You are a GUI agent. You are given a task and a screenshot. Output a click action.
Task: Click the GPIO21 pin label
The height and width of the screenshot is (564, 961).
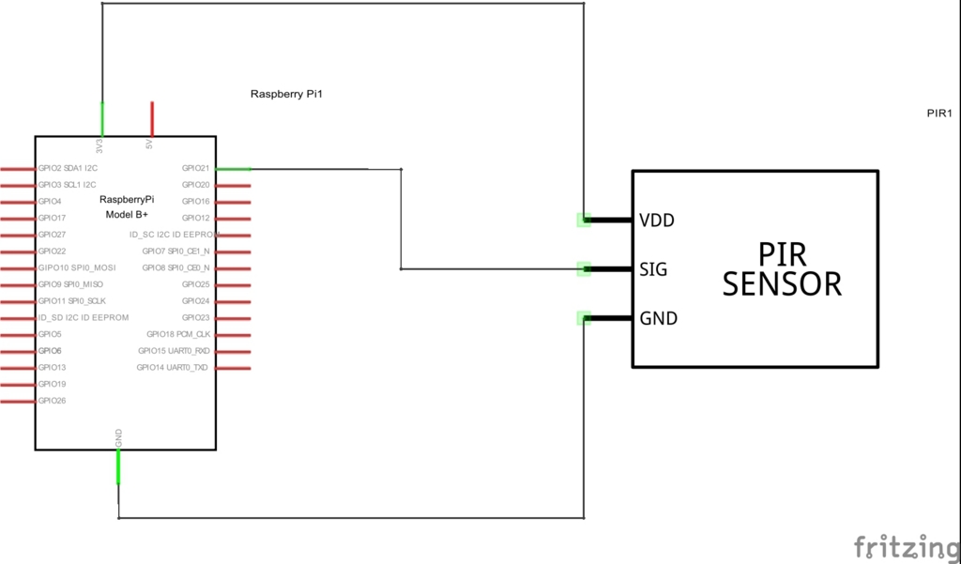[x=195, y=168]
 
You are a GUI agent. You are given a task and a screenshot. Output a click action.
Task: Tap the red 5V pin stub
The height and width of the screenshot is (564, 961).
[x=152, y=119]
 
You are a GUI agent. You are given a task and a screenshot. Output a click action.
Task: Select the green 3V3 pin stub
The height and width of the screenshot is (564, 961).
[x=102, y=119]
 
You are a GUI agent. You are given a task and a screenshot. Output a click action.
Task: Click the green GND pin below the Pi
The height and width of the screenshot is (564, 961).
[x=118, y=466]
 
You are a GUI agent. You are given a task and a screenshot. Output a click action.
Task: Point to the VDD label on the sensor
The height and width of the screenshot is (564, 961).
[x=656, y=221]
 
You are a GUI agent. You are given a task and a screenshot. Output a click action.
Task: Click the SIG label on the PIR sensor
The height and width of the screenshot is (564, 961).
[x=653, y=269]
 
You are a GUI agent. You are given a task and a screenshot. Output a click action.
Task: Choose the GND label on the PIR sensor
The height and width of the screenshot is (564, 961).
[x=658, y=318]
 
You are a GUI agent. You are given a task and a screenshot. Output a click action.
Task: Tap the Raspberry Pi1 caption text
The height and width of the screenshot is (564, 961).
[x=286, y=94]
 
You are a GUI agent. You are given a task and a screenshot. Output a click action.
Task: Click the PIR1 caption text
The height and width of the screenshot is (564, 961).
[x=939, y=113]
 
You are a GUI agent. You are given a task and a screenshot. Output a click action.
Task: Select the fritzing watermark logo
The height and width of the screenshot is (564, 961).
[x=908, y=547]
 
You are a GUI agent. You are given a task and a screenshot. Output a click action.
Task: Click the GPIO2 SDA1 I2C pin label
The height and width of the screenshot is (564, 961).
[x=68, y=168]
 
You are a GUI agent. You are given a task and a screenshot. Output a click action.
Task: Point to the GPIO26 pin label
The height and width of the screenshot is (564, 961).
[x=53, y=401]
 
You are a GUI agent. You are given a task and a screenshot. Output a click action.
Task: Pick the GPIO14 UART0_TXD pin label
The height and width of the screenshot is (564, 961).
[x=173, y=367]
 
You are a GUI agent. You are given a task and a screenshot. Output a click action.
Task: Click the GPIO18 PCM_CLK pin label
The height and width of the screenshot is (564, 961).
[x=178, y=334]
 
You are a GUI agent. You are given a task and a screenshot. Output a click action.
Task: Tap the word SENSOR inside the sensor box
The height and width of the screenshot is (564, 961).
[x=782, y=283]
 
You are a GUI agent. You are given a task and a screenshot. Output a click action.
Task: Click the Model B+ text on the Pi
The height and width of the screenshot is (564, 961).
[x=127, y=215]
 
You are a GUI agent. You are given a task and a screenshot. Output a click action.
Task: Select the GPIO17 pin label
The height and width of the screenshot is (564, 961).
[x=53, y=218]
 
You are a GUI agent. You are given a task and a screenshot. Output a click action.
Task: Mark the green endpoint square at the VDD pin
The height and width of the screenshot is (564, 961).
[x=584, y=221]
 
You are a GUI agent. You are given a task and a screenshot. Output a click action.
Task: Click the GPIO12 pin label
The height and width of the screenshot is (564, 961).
[x=195, y=218]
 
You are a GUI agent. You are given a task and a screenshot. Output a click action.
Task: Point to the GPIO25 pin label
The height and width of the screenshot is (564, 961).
[x=195, y=284]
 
